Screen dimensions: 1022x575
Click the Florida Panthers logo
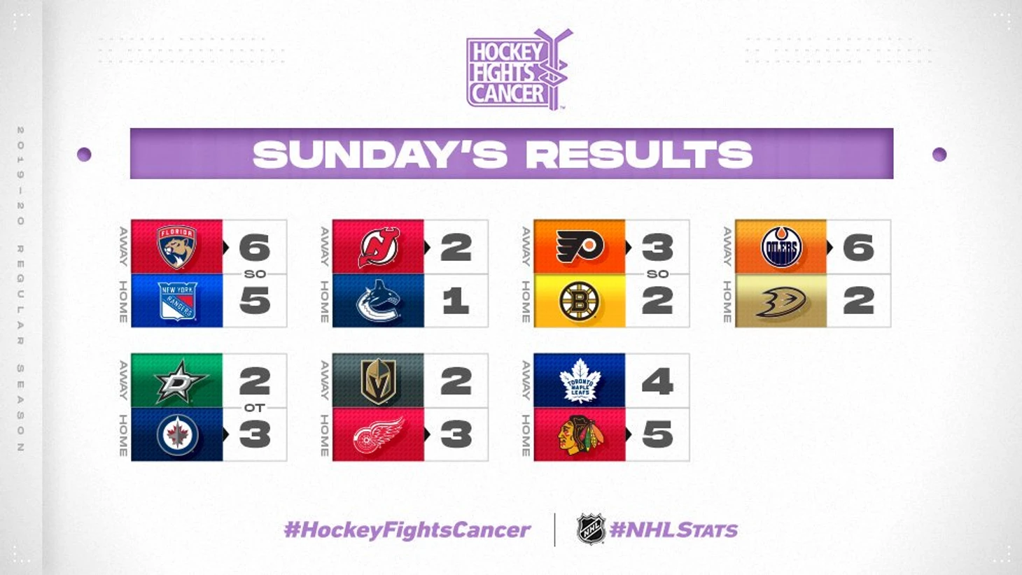pos(176,247)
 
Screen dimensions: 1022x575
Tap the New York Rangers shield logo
pos(177,301)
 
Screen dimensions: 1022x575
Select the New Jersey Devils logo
pos(378,247)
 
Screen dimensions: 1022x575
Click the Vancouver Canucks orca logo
pos(378,301)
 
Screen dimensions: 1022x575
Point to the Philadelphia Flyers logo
pos(580,247)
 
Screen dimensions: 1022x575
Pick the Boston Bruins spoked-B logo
pos(580,301)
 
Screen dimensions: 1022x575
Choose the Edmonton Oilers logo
pos(781,247)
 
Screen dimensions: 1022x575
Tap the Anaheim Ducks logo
pos(781,301)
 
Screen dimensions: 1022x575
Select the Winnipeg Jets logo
pos(177,434)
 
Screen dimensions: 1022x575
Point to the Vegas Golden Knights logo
pos(378,381)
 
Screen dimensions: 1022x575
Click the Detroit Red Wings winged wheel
pos(378,436)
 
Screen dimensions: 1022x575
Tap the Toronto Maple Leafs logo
pos(580,381)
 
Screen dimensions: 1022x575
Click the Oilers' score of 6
pos(859,248)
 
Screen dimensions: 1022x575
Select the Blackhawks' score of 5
pos(657,434)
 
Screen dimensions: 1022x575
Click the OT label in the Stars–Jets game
pos(255,408)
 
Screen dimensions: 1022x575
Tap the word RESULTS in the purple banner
pos(640,154)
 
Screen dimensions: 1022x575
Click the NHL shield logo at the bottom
pos(591,529)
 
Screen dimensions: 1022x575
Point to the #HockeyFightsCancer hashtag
pos(407,530)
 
